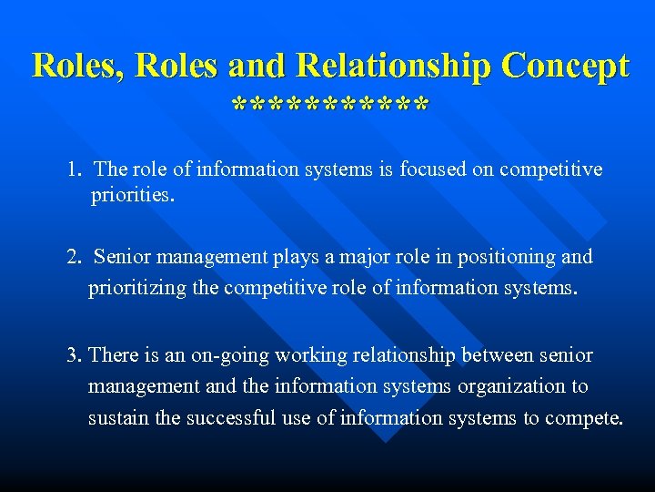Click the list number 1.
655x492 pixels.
pos(73,169)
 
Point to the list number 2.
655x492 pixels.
pos(73,257)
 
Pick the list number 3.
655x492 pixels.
pos(73,354)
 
